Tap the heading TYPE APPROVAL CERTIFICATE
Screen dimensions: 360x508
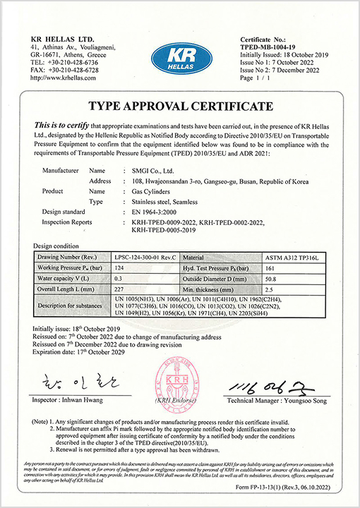179,107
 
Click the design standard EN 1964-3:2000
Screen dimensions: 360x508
157,211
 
